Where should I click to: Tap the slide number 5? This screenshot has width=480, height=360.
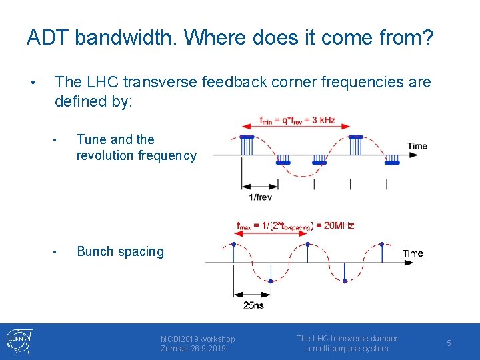pos(449,343)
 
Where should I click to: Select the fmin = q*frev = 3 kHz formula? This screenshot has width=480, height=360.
pos(297,121)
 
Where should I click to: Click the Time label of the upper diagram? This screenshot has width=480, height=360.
pos(417,146)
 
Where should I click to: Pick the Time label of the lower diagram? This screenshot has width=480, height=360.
pos(412,253)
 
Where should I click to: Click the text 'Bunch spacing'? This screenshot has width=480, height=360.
pos(120,251)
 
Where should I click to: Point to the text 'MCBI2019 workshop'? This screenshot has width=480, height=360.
pos(197,339)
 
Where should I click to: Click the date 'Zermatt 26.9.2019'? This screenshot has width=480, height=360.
pos(193,349)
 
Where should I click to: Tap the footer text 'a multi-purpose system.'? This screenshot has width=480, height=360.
pos(348,349)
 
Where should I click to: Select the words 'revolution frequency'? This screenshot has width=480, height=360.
pos(137,156)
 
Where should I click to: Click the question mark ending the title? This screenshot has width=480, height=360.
pos(427,38)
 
